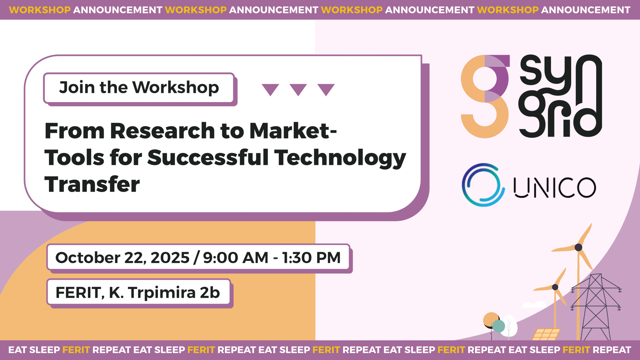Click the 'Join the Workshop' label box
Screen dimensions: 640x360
click(x=139, y=88)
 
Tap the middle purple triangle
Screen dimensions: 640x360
click(x=298, y=89)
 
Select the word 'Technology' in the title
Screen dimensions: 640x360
click(x=340, y=158)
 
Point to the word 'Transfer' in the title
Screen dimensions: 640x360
click(x=92, y=184)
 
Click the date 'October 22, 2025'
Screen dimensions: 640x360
click(x=123, y=258)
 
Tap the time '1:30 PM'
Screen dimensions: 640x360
click(x=311, y=258)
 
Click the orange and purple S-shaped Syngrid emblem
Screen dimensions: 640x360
click(x=485, y=96)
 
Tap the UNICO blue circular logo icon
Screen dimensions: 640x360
click(x=483, y=185)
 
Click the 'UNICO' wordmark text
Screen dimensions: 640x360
click(x=555, y=188)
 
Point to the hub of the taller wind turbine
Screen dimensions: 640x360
click(x=578, y=247)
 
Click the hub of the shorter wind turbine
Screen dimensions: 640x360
click(x=555, y=287)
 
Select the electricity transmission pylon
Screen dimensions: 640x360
click(x=596, y=307)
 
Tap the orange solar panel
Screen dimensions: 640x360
click(x=546, y=334)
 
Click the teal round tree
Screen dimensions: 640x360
click(x=498, y=326)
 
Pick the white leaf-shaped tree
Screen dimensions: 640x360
click(x=509, y=325)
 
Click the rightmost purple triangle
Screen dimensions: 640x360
click(x=326, y=89)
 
